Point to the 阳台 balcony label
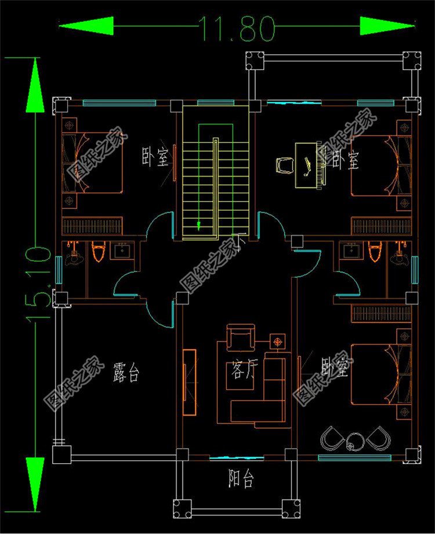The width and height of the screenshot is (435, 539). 240,479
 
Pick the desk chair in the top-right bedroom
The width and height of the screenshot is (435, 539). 284,165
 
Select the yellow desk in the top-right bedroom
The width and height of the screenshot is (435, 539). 307,166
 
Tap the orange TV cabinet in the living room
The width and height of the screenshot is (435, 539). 190,382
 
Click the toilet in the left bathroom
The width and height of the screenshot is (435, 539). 99,253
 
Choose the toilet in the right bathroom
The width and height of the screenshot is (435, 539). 374,252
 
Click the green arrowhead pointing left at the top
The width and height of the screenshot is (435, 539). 86,26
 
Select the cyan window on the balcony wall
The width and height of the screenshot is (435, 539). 229,458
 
